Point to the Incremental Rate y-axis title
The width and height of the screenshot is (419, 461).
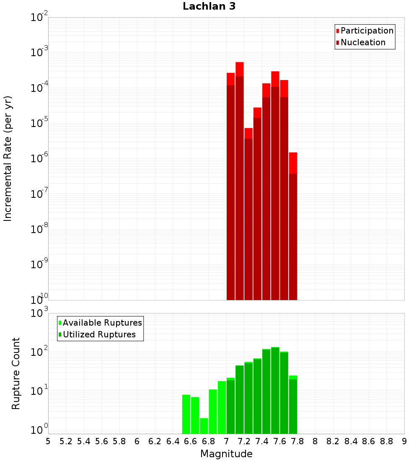click(8, 158)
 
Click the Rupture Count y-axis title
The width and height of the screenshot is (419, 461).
click(16, 373)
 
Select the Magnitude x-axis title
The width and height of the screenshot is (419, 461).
click(226, 454)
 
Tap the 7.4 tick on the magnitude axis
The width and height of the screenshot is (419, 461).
click(262, 441)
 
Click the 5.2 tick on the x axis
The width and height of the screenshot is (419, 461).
click(66, 441)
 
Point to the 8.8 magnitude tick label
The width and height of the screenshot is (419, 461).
click(386, 441)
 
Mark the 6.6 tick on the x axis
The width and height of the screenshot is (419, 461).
click(191, 441)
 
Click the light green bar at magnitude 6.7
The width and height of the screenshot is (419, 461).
click(204, 426)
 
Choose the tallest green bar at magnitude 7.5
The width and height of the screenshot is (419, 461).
click(275, 390)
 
